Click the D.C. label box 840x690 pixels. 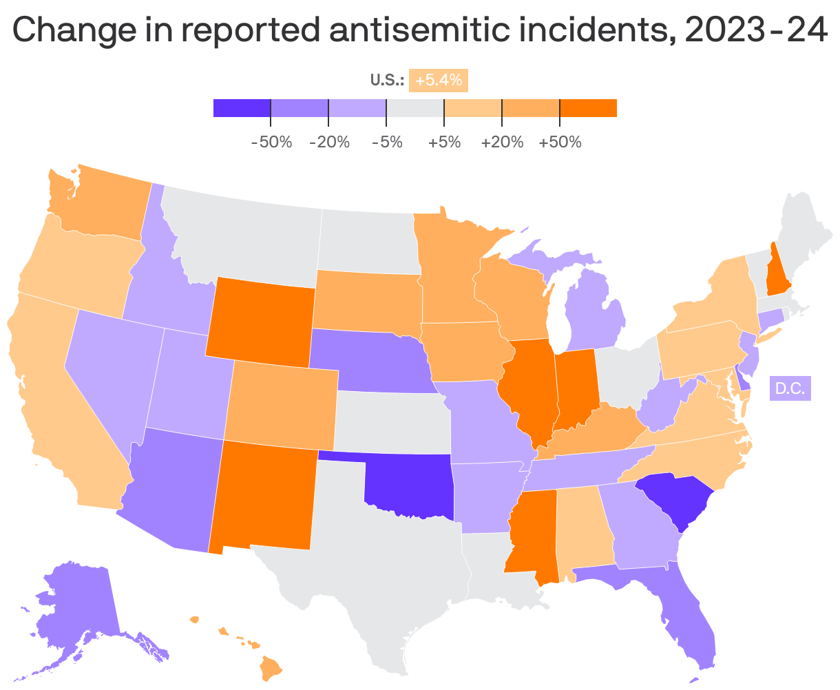pos(790,388)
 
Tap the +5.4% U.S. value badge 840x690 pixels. pos(438,80)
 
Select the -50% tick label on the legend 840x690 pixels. pos(271,143)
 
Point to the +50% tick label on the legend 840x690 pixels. pos(560,143)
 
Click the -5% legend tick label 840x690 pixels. pos(386,143)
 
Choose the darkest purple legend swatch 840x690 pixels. pos(242,108)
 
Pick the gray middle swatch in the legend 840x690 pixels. pos(415,108)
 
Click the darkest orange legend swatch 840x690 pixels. pos(588,108)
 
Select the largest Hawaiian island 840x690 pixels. pos(271,666)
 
